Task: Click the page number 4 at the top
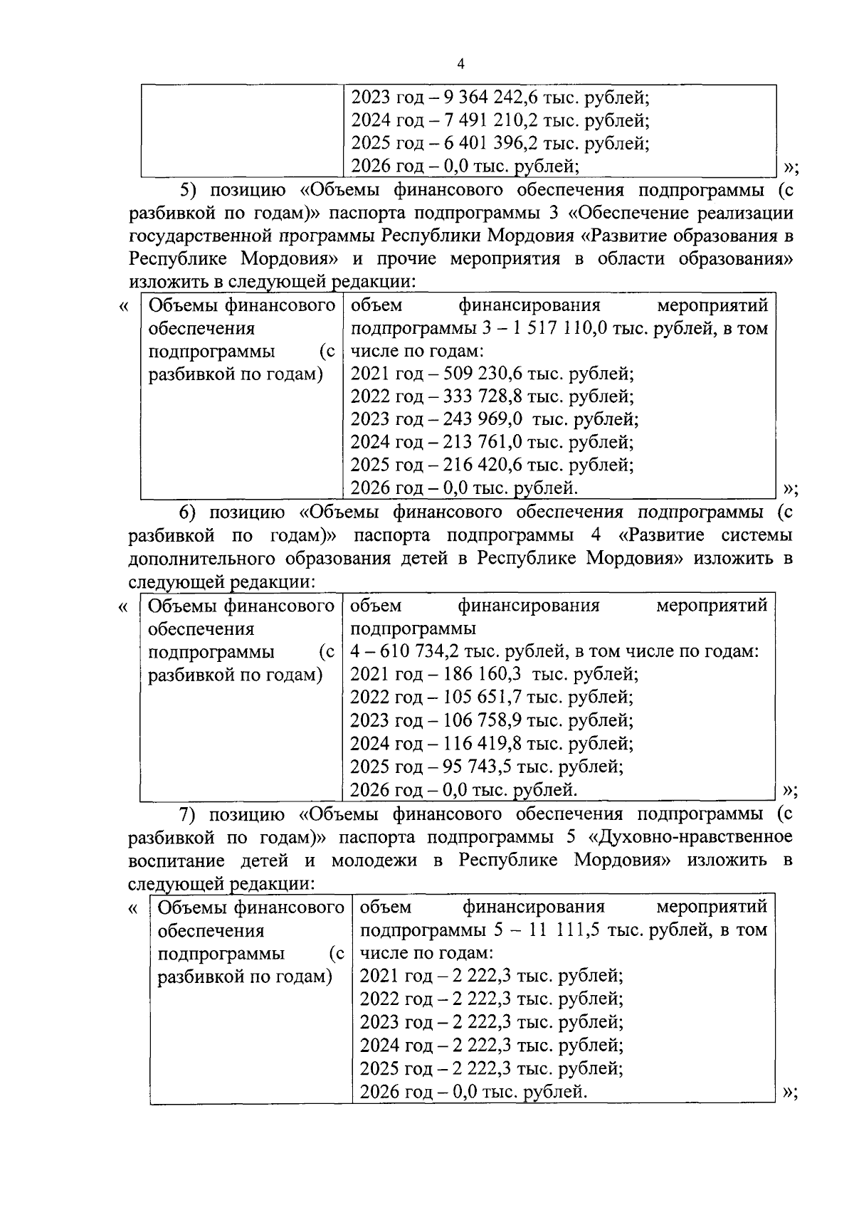(x=460, y=65)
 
